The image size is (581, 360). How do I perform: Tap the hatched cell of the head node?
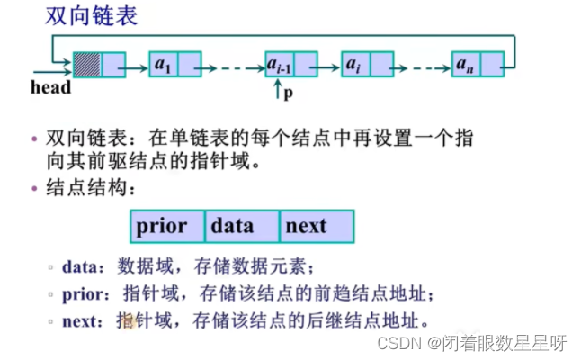point(87,65)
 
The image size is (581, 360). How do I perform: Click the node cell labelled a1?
point(164,65)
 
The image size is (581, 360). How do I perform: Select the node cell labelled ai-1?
point(279,65)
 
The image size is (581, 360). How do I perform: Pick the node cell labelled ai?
point(354,65)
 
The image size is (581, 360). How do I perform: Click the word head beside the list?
point(50,88)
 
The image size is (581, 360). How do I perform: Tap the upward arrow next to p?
point(278,89)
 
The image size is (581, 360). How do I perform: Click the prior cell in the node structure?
point(168,226)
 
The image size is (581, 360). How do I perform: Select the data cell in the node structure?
point(242,226)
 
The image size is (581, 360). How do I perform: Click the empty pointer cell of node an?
point(490,65)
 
